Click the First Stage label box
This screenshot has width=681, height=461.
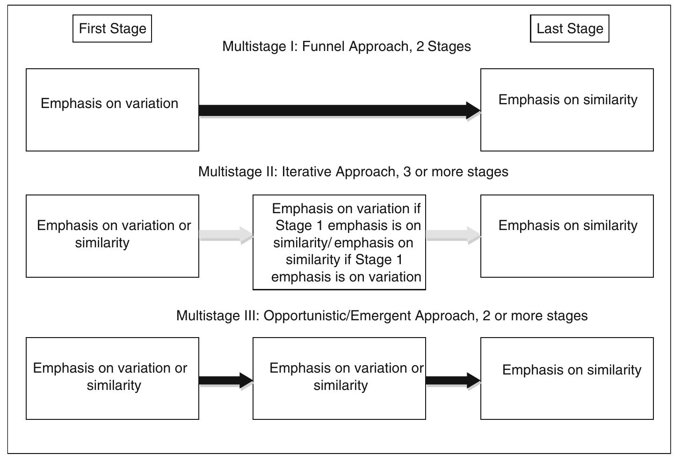[x=112, y=29]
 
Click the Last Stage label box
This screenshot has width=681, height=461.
[x=569, y=29]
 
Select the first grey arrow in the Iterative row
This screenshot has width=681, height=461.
[x=225, y=235]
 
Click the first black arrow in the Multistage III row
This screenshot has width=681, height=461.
[x=225, y=380]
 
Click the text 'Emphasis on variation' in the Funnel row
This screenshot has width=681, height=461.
[x=109, y=103]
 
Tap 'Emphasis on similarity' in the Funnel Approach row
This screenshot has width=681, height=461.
[x=568, y=100]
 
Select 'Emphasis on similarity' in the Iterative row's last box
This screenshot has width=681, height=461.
[x=568, y=225]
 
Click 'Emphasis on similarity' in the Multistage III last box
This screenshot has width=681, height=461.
[x=572, y=370]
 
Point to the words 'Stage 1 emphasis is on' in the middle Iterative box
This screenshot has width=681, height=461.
[x=348, y=225]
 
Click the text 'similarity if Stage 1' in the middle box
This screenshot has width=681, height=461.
[x=344, y=259]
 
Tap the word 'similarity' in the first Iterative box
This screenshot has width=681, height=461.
[x=102, y=243]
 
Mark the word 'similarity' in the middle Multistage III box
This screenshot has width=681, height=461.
[x=340, y=385]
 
